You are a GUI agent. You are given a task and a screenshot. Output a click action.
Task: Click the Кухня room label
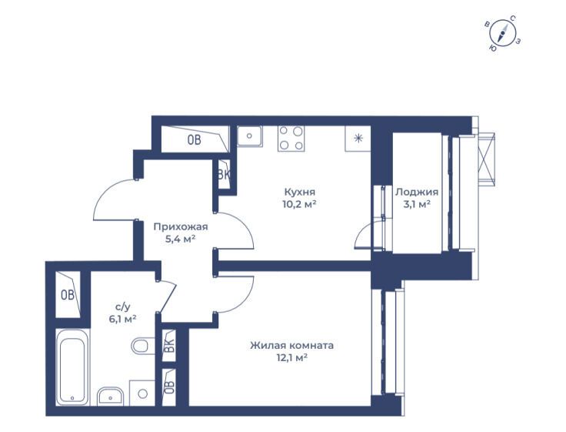tap(299, 192)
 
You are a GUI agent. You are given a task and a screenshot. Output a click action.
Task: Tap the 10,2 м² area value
tap(299, 204)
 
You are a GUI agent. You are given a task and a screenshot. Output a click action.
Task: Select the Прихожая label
tap(181, 227)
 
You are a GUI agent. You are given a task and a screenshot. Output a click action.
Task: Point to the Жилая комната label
tap(291, 345)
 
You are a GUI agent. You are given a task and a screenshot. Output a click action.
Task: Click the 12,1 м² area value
tap(291, 358)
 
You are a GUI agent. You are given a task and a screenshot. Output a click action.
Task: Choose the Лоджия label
tap(417, 192)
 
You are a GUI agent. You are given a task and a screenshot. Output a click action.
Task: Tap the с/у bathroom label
tap(123, 307)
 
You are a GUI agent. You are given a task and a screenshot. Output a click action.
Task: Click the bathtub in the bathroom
tap(72, 367)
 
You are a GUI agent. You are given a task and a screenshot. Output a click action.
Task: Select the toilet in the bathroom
tap(142, 346)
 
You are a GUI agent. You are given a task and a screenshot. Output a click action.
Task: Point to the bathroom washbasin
tap(110, 397)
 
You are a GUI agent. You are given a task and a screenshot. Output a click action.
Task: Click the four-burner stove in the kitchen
tap(291, 139)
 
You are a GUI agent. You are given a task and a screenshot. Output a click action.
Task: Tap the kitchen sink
tap(249, 136)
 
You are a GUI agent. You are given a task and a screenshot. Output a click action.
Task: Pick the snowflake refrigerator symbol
tap(358, 138)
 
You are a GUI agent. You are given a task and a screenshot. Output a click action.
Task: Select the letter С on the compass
tap(513, 18)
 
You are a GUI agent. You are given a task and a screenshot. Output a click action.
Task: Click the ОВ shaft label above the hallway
tap(195, 139)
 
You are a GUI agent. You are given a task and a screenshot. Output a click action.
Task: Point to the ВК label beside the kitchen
tap(224, 175)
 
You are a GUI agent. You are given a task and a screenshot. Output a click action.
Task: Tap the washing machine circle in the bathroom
tap(143, 393)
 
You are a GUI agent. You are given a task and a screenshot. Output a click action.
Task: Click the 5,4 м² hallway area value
tap(181, 239)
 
